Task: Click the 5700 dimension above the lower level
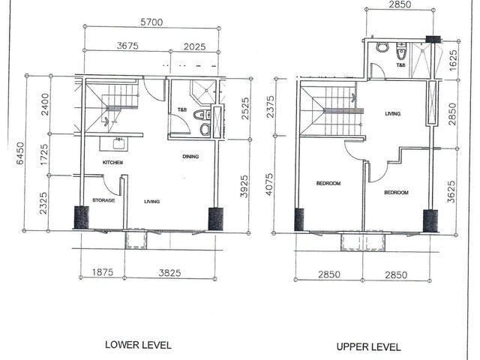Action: [x=151, y=22]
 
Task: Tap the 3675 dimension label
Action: [x=127, y=46]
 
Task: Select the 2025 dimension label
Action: [x=195, y=46]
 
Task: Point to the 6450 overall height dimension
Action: [x=20, y=153]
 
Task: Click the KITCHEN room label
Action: [x=112, y=162]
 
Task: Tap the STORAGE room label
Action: [x=103, y=200]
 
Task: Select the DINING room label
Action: [x=190, y=157]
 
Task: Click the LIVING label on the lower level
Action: [x=152, y=202]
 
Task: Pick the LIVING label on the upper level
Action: [x=393, y=113]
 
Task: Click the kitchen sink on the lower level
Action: [x=118, y=143]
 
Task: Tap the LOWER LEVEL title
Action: [x=138, y=345]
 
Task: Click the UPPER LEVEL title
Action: [x=368, y=346]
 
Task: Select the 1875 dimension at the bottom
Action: [x=103, y=271]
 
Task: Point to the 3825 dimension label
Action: [x=169, y=273]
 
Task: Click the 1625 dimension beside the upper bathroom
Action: [x=452, y=60]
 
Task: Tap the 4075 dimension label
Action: [x=269, y=184]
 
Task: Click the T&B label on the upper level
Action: [x=400, y=65]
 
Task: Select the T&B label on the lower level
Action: [x=182, y=109]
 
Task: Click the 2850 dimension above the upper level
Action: [x=400, y=4]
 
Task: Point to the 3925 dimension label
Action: [x=244, y=187]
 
